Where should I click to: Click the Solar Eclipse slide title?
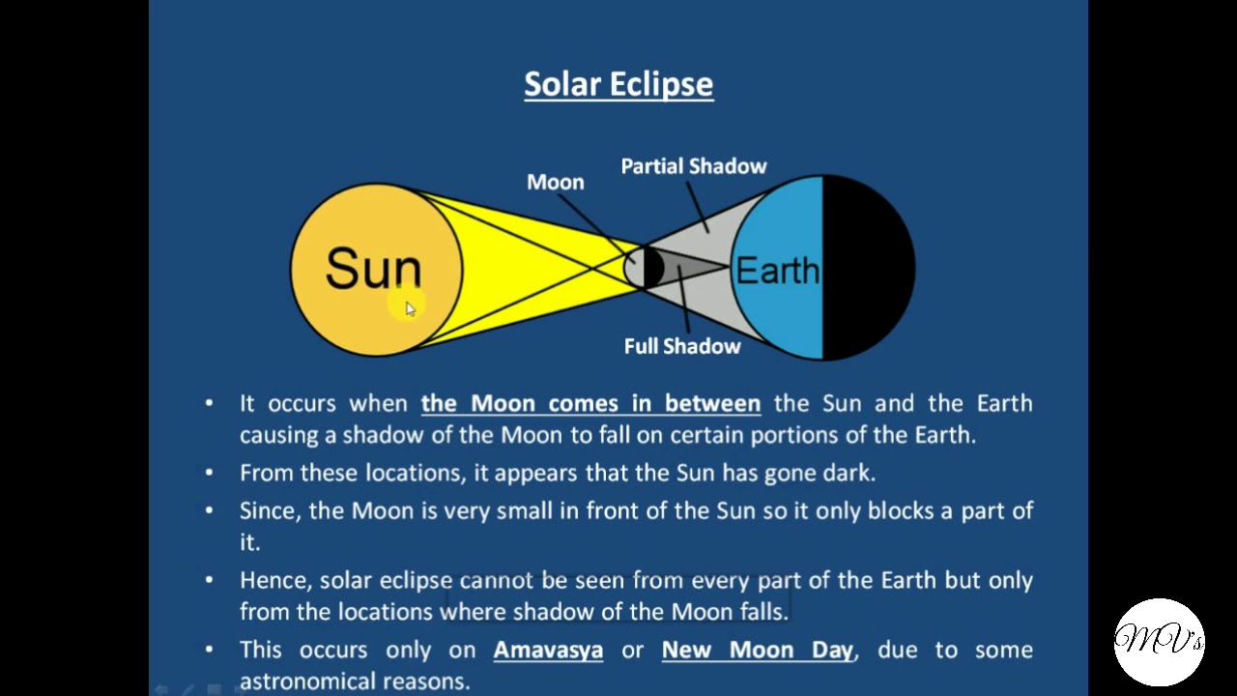click(618, 84)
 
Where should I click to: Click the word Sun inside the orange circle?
click(373, 268)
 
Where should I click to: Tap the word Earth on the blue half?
click(778, 271)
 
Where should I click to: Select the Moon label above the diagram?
click(555, 183)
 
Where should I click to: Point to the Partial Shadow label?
click(694, 166)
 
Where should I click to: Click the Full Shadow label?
click(682, 346)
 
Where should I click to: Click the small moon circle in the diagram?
click(644, 268)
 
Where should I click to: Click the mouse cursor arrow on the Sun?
click(411, 308)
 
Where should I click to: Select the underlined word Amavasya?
click(548, 650)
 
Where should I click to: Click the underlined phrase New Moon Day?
click(757, 650)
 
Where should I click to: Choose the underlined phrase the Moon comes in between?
click(590, 403)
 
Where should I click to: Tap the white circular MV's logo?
click(1159, 642)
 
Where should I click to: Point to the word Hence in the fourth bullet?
click(276, 581)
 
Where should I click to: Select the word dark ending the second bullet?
click(849, 474)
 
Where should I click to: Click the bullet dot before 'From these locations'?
click(209, 473)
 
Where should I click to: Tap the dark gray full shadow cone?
click(690, 268)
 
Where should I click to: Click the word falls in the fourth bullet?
click(764, 612)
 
